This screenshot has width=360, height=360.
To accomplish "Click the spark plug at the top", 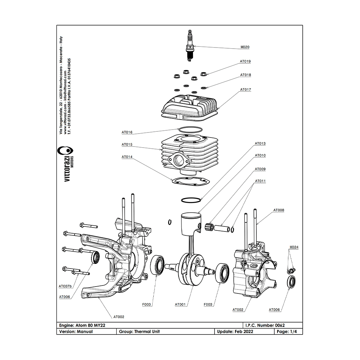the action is click(x=190, y=46).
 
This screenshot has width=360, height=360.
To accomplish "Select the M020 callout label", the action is click(x=245, y=47).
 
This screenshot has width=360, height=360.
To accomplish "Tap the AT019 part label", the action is click(x=245, y=62).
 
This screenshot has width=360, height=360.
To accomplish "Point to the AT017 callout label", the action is click(x=246, y=90).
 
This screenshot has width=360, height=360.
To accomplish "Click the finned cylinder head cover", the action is click(x=190, y=107).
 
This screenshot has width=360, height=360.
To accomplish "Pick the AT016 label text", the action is click(x=127, y=132).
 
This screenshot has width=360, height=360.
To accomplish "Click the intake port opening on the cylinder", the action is click(x=179, y=159).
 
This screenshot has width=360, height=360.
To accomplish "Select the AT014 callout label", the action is click(x=127, y=157).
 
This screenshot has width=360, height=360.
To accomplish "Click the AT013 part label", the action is click(x=260, y=144).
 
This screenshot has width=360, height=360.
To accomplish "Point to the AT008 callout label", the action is click(x=279, y=210).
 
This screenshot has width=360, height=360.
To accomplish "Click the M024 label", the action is click(x=294, y=247).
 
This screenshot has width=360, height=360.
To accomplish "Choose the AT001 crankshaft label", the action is click(x=180, y=305).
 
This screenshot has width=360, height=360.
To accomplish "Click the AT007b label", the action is click(x=65, y=286).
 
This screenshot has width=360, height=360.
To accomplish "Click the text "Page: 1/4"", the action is click(x=287, y=332).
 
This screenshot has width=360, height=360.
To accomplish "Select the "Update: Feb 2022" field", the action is click(x=235, y=332).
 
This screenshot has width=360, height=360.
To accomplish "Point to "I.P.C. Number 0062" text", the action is click(x=265, y=325).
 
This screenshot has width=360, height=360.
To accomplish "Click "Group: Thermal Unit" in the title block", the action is click(x=139, y=332).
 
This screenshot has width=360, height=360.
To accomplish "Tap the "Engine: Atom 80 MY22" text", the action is click(x=82, y=325).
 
